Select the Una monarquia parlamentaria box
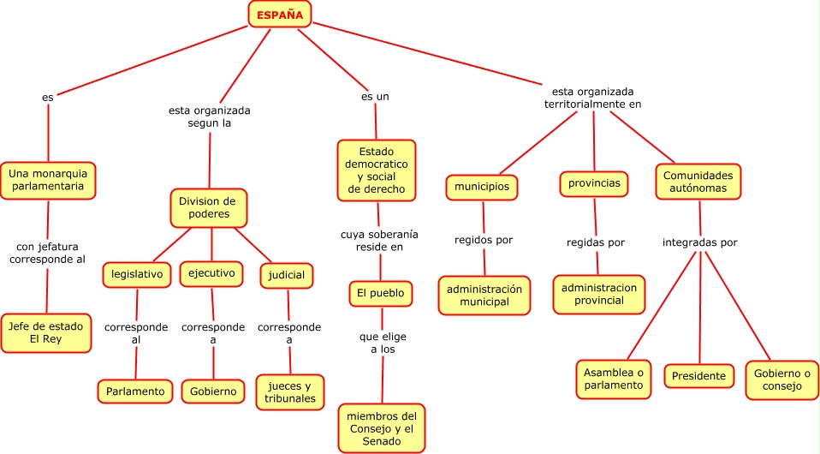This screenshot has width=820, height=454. (47, 179)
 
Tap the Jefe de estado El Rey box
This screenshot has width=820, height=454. (47, 332)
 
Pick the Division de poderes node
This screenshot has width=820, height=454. (209, 207)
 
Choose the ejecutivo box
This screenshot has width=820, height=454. (211, 273)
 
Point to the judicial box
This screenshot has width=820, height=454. (286, 275)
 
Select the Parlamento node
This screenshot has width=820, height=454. (135, 391)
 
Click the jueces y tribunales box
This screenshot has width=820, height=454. (290, 391)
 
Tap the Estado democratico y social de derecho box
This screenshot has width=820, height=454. (377, 170)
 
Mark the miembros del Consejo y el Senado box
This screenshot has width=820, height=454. (381, 428)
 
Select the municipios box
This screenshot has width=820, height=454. (482, 187)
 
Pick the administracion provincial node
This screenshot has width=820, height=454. (599, 295)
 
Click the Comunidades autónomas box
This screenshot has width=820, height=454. (699, 181)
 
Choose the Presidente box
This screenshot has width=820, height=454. (698, 376)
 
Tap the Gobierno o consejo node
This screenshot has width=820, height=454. (781, 379)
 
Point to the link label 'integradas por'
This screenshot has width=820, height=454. (699, 242)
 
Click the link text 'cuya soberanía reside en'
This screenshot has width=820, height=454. (379, 240)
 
